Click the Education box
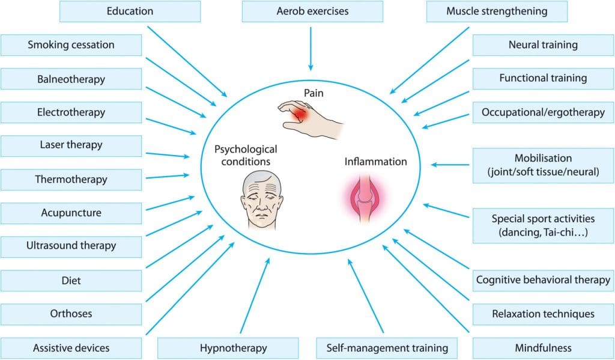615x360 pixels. (x=130, y=11)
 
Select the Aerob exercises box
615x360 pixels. (x=312, y=11)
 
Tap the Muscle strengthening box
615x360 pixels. (x=496, y=11)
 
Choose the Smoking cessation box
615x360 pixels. (x=71, y=45)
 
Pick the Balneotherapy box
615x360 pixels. (x=71, y=79)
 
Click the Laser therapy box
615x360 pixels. (x=71, y=145)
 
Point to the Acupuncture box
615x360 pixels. (x=71, y=213)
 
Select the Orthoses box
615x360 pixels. (x=71, y=314)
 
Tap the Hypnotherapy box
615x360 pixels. (x=228, y=347)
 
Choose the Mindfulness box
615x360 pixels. (x=543, y=347)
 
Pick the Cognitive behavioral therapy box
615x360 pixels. (x=543, y=280)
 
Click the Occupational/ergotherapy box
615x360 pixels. (x=543, y=112)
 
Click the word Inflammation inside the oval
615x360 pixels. (x=375, y=162)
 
